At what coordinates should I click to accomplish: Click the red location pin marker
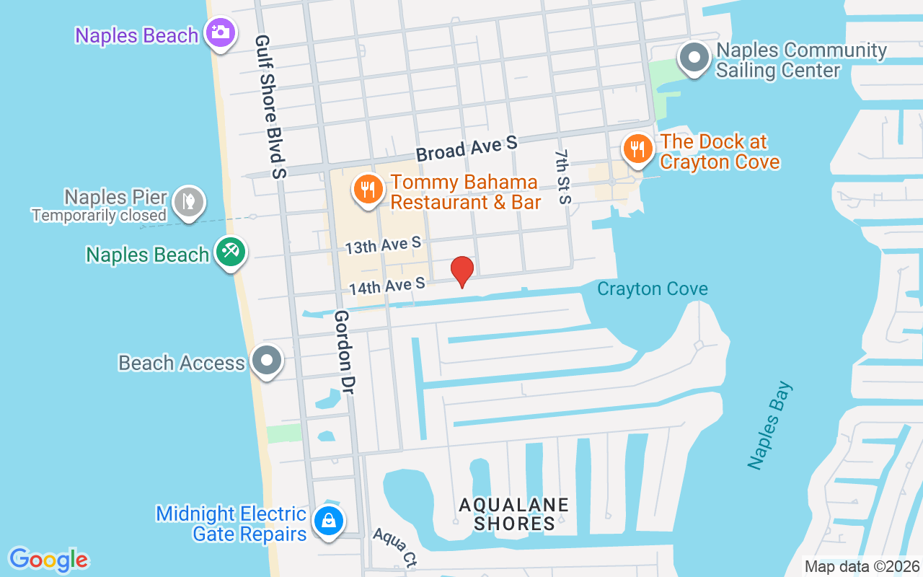pyautogui.click(x=461, y=271)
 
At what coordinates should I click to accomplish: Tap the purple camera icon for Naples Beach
pyautogui.click(x=220, y=33)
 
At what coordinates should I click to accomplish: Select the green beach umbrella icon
pyautogui.click(x=231, y=253)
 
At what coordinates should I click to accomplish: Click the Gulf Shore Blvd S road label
pyautogui.click(x=270, y=107)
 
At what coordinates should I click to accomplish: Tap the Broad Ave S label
pyautogui.click(x=467, y=149)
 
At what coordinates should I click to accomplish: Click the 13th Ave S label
pyautogui.click(x=382, y=245)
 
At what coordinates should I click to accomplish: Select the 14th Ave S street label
pyautogui.click(x=387, y=286)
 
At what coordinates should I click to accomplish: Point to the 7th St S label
pyautogui.click(x=563, y=177)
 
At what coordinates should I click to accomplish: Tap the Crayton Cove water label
pyautogui.click(x=652, y=289)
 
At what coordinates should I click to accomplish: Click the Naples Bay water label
pyautogui.click(x=770, y=426)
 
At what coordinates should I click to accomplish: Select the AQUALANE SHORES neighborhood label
pyautogui.click(x=514, y=514)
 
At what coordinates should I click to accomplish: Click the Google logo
pyautogui.click(x=49, y=560)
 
